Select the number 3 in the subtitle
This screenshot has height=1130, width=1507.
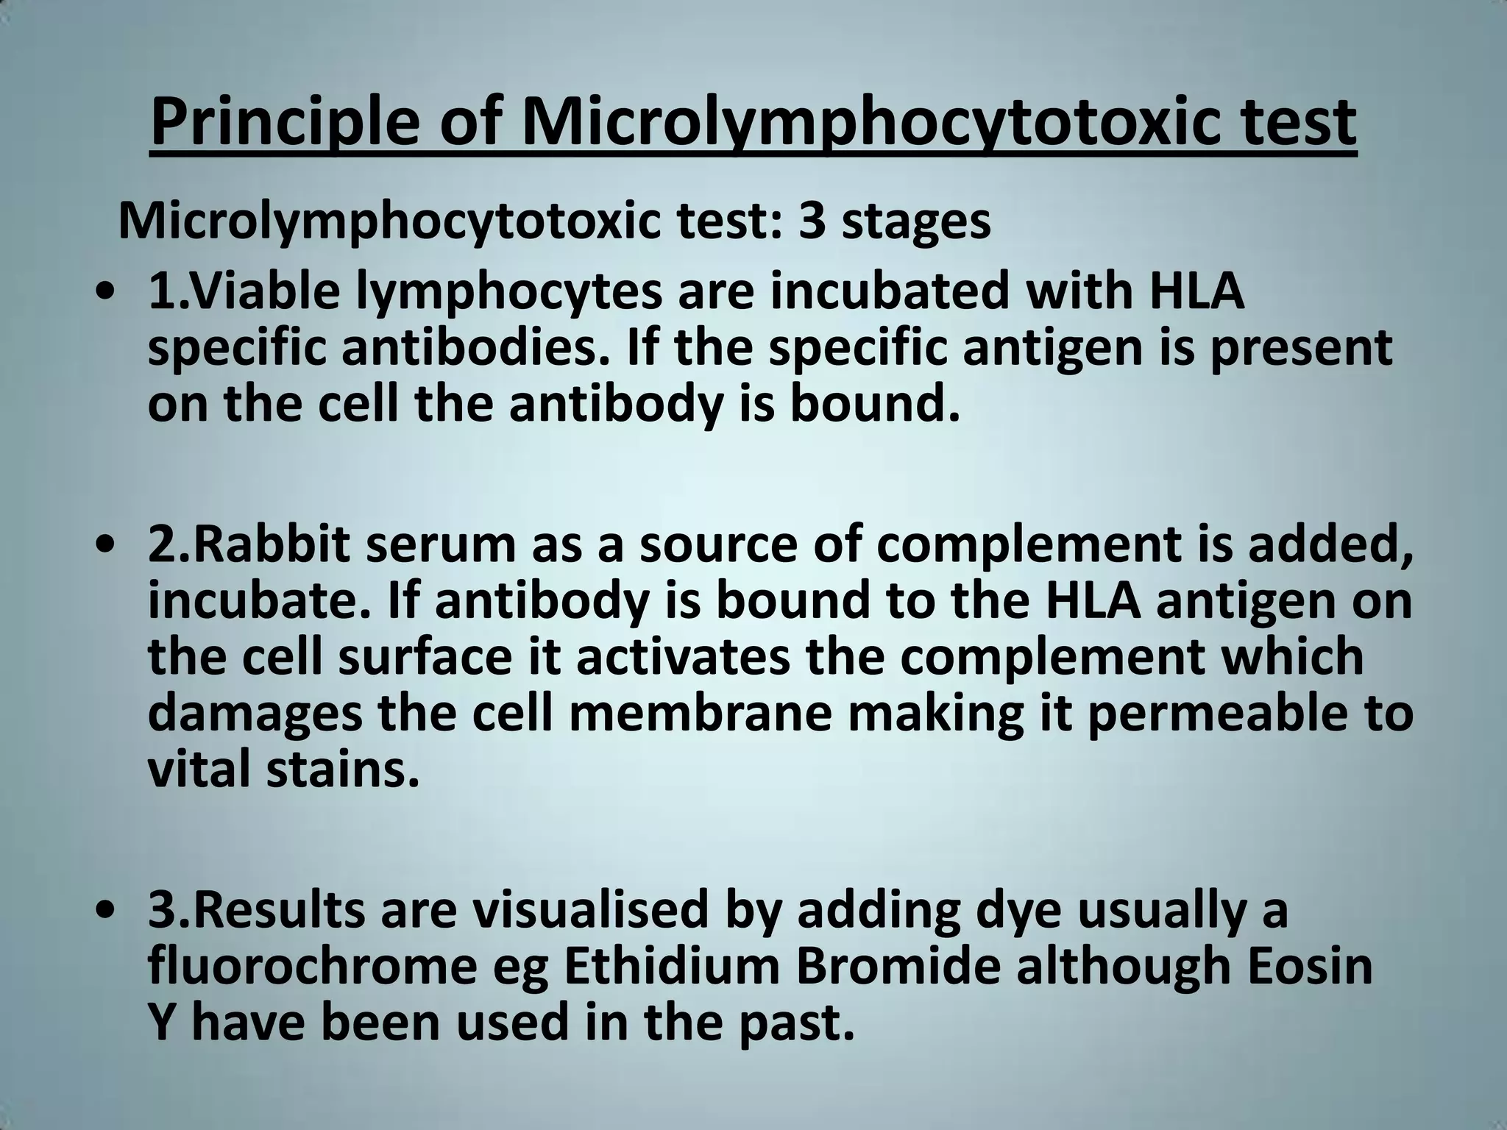812,222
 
